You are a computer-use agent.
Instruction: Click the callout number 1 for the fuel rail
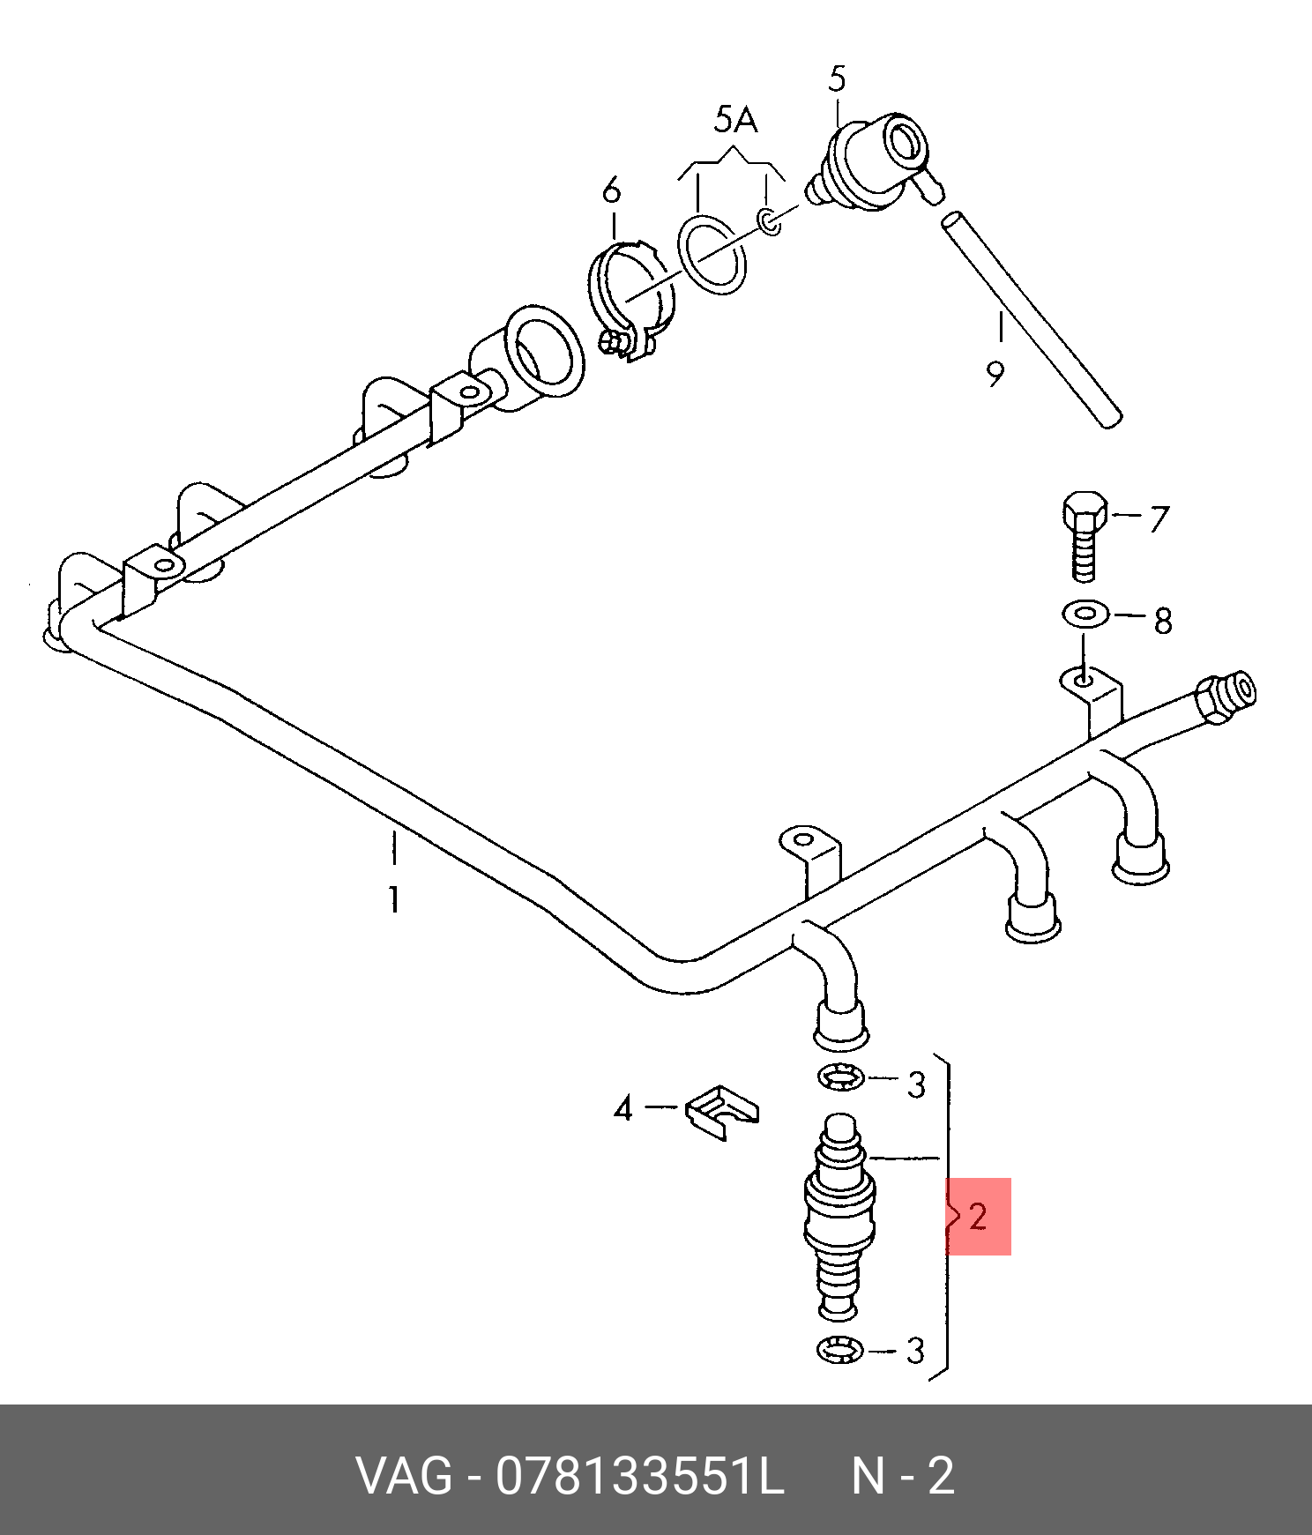point(393,900)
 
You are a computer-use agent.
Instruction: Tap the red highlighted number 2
point(978,1217)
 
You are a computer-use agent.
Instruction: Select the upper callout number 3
point(917,1084)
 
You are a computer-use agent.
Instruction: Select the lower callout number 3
point(916,1350)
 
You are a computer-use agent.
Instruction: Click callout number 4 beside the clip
point(623,1107)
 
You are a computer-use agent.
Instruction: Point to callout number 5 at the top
point(837,79)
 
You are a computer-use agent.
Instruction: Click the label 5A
point(735,119)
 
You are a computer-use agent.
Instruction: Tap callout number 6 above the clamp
point(611,190)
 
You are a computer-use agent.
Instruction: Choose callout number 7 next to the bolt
point(1157,518)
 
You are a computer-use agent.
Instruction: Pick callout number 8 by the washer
point(1163,621)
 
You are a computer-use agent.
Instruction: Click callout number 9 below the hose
point(995,375)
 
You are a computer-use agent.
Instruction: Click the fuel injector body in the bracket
point(840,1217)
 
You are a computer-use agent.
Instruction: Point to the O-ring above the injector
point(840,1077)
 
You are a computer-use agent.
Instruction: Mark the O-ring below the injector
point(840,1349)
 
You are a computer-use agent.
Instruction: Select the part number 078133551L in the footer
point(639,1475)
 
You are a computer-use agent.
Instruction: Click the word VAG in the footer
point(404,1475)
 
